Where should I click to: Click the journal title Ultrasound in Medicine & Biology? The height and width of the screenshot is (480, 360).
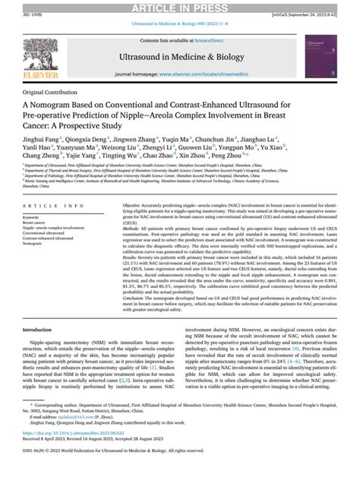180,57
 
